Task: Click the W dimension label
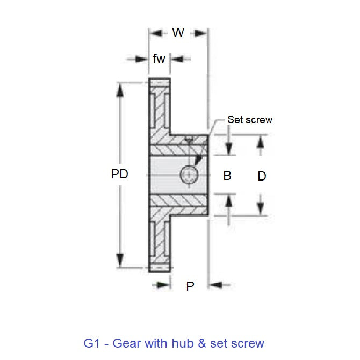pos(178,33)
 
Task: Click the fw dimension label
pos(159,59)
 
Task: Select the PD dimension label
pos(120,175)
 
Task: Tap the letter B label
pos(227,176)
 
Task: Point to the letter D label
pos(262,176)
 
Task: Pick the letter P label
pos(190,286)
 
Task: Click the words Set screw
pos(249,119)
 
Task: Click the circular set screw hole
pos(189,175)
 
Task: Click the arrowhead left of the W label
pos(156,33)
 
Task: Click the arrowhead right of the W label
pos(200,33)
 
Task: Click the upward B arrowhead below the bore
pos(228,201)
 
